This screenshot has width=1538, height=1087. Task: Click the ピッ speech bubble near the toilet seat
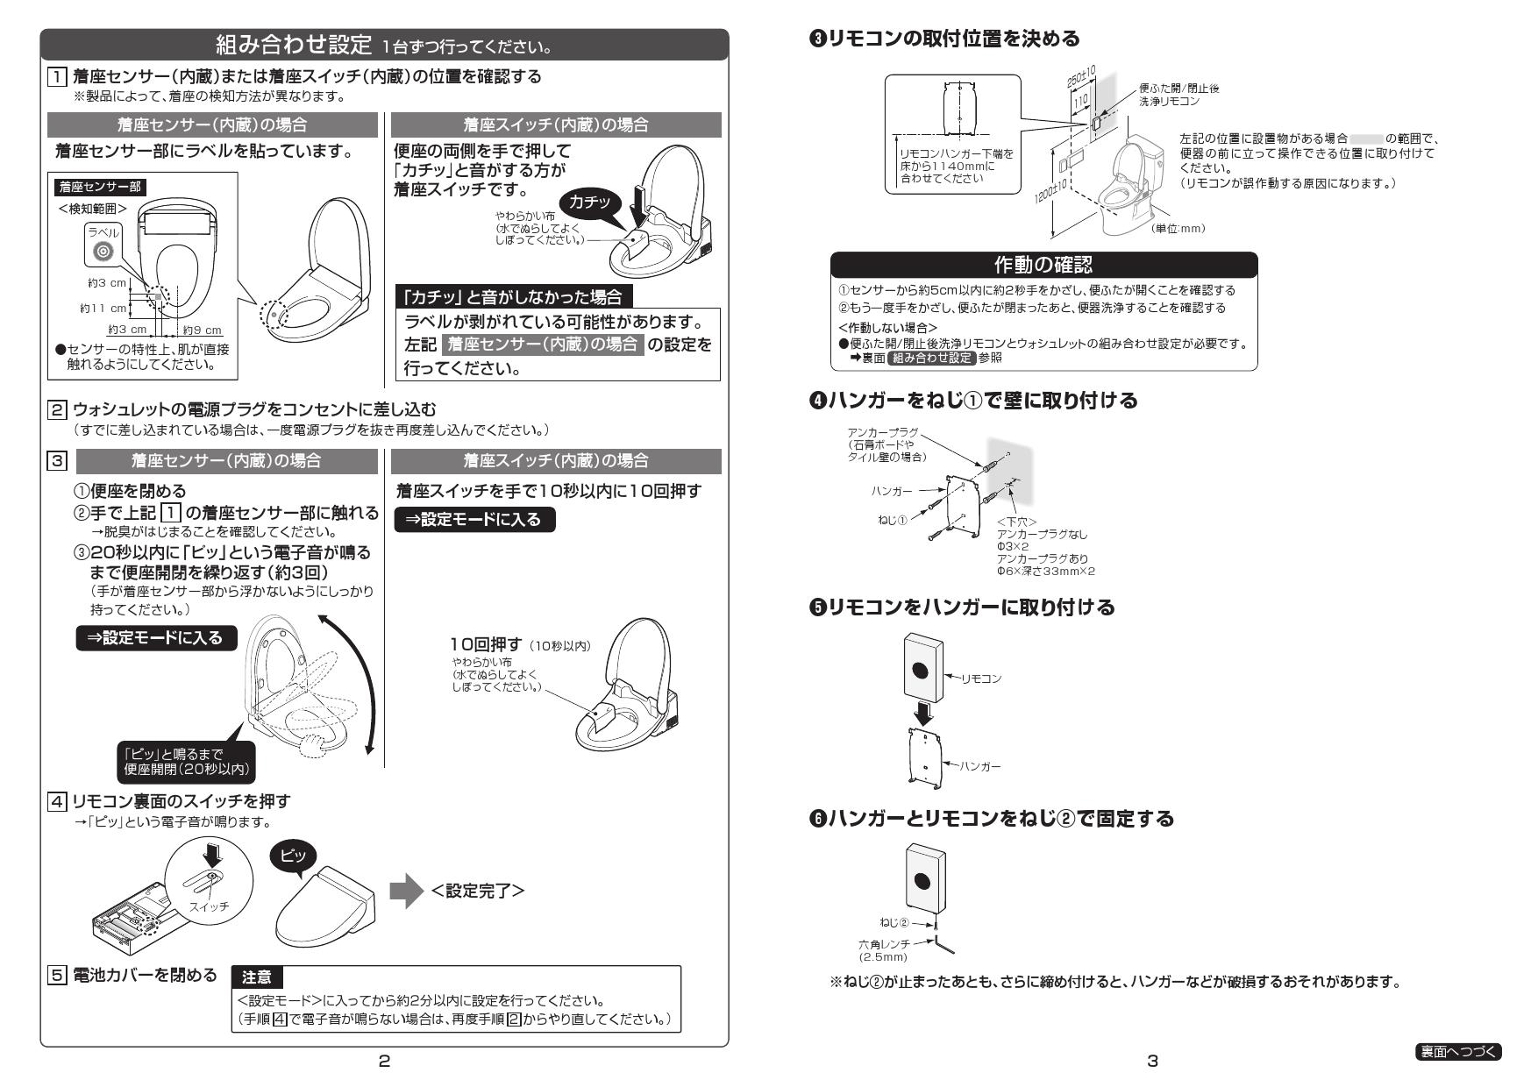[293, 856]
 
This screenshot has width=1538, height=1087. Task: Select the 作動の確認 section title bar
[1043, 264]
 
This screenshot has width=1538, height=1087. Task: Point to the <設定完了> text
[478, 891]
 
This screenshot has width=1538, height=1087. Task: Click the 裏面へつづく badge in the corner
[1458, 1051]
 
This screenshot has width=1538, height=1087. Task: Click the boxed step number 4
[56, 800]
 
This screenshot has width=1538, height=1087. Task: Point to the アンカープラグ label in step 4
[883, 433]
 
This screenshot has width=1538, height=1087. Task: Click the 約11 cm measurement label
[103, 309]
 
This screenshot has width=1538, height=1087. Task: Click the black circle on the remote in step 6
[922, 881]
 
